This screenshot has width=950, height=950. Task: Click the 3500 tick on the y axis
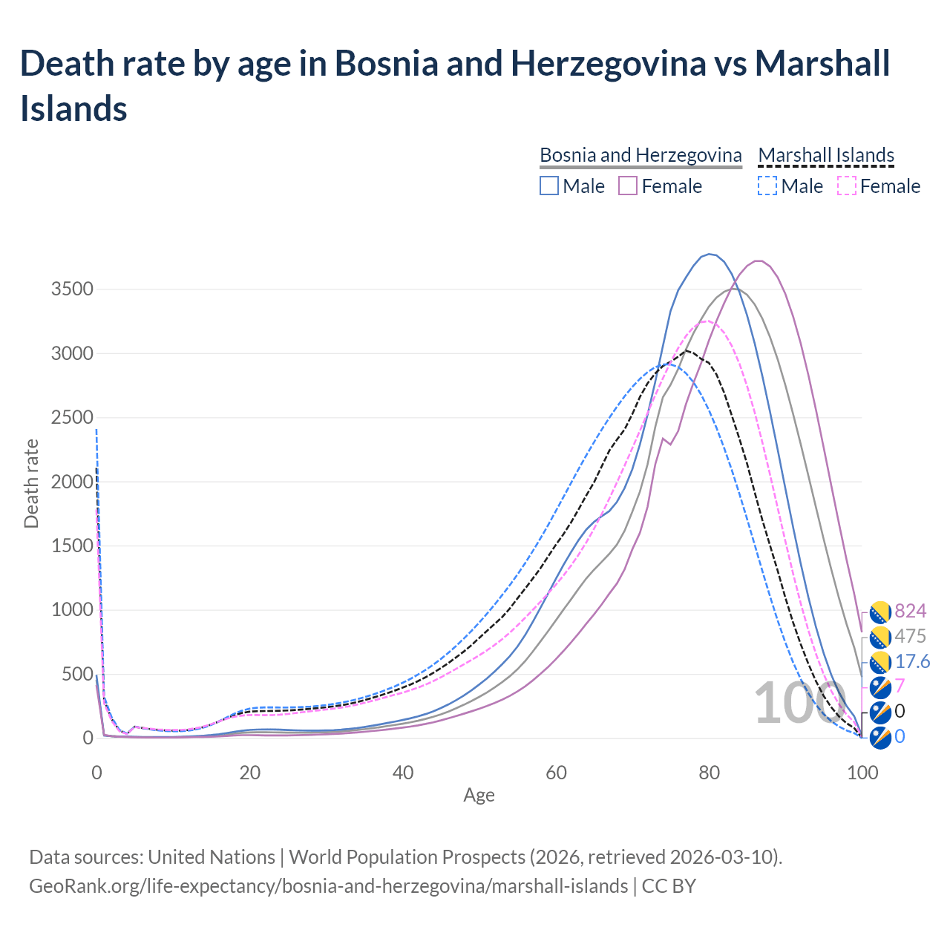point(72,289)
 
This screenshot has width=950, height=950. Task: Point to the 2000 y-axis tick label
point(72,482)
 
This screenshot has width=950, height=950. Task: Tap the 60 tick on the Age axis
point(556,773)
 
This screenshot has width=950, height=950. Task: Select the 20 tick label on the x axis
point(250,773)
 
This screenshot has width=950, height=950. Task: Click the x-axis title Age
point(479,796)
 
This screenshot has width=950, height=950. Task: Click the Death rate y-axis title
point(31,483)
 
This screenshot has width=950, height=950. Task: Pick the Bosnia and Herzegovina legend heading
point(641,155)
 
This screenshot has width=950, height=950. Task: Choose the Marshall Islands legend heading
point(826,155)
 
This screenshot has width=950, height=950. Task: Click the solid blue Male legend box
point(549,186)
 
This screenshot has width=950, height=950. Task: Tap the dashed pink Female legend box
point(847,186)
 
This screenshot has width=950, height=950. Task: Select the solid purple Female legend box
point(628,186)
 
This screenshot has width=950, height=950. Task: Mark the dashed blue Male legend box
point(767,186)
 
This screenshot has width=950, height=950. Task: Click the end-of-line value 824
point(911,611)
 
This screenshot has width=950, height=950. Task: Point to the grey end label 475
point(911,636)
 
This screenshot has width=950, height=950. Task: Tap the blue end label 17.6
point(913,661)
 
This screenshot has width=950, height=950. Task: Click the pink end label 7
point(900,686)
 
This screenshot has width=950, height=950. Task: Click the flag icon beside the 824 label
point(880,612)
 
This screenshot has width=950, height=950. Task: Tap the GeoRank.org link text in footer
point(328,886)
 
